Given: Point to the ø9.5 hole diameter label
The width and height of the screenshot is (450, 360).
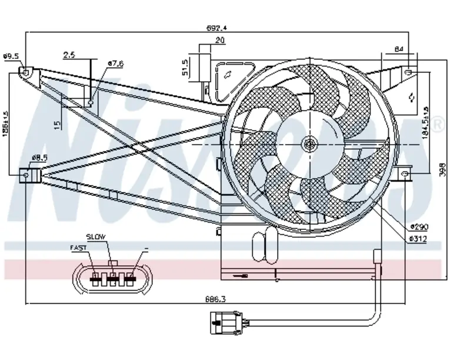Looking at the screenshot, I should tap(11, 56).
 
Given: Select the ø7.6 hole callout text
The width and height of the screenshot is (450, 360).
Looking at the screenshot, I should tap(115, 64).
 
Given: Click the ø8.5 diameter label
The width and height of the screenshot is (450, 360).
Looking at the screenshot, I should tap(39, 158).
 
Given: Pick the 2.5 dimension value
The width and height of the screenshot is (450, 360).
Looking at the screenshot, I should tap(69, 55).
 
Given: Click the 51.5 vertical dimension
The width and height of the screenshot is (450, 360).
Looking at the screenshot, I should tap(185, 68).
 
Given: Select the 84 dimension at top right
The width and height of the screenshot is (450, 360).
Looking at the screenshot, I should tap(398, 49).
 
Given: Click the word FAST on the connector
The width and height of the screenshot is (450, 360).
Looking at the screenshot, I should tap(78, 248).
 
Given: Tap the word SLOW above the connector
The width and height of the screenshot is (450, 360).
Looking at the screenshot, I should tap(96, 236).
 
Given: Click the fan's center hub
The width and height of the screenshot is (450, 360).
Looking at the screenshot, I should tap(309, 143).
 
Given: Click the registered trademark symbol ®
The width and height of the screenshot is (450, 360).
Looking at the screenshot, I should tap(438, 124).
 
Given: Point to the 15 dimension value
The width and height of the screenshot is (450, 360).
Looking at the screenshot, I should tap(56, 125).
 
